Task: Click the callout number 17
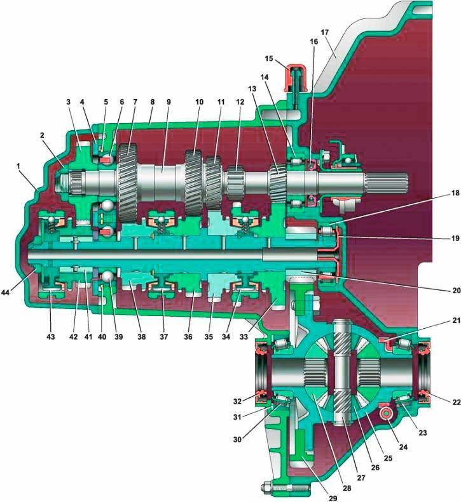click(324, 32)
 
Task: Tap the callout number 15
click(269, 58)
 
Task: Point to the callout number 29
click(333, 498)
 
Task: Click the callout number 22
click(456, 402)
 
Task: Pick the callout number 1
click(18, 166)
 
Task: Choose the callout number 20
click(455, 291)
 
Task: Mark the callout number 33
click(244, 336)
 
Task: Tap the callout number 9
click(169, 102)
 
